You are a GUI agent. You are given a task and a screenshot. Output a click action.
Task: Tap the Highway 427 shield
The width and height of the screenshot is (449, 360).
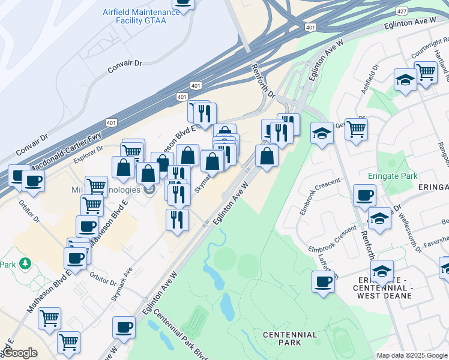pyautogui.click(x=402, y=11)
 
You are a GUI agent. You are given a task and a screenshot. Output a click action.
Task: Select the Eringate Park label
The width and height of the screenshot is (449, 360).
pyautogui.click(x=392, y=177)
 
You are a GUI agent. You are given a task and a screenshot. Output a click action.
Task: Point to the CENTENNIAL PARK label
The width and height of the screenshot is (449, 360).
pyautogui.click(x=290, y=338)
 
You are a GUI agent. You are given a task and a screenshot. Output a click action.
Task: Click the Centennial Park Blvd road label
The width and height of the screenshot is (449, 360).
pyautogui.click(x=179, y=332)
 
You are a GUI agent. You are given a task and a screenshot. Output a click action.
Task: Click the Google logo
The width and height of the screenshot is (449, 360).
pyautogui.click(x=20, y=353)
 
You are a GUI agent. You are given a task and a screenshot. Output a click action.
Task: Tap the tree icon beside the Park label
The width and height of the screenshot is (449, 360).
pyautogui.click(x=25, y=264)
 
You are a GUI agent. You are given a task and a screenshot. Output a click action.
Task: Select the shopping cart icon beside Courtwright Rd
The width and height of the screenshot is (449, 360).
pyautogui.click(x=426, y=73)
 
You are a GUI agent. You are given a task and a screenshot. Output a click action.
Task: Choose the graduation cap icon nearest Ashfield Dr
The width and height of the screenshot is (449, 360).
pyautogui.click(x=406, y=80)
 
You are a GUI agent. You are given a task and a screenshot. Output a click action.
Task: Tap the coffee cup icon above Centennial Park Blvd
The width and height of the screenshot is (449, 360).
pyautogui.click(x=124, y=328)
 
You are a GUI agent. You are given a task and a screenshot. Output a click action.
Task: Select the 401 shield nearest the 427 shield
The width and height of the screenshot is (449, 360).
pyautogui.click(x=310, y=28)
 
